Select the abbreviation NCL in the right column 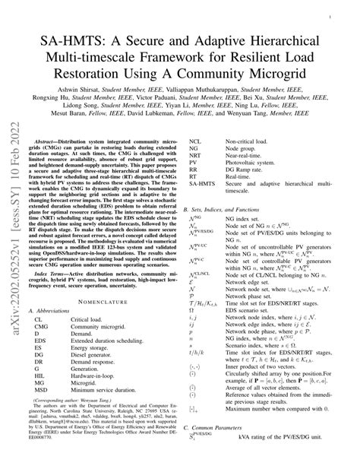click(195, 141)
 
